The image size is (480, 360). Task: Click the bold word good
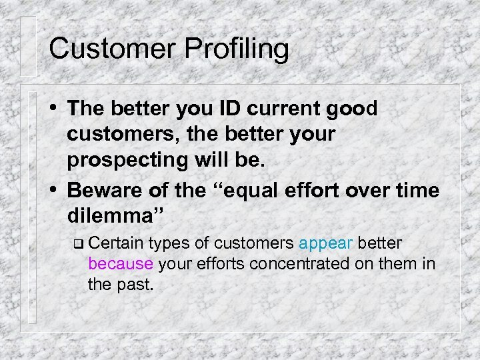coord(353,108)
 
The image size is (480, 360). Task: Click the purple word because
coord(121,264)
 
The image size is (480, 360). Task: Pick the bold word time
coord(418,191)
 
